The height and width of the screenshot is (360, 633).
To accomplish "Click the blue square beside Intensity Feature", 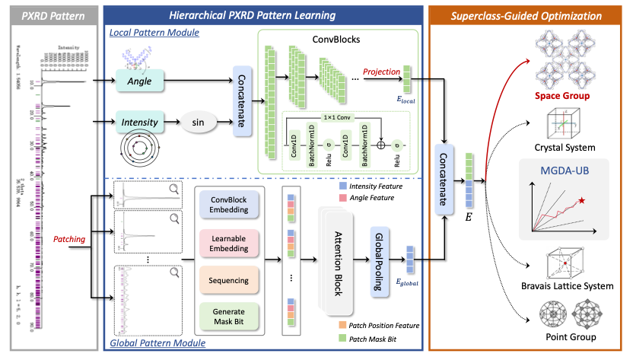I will click(345, 186).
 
